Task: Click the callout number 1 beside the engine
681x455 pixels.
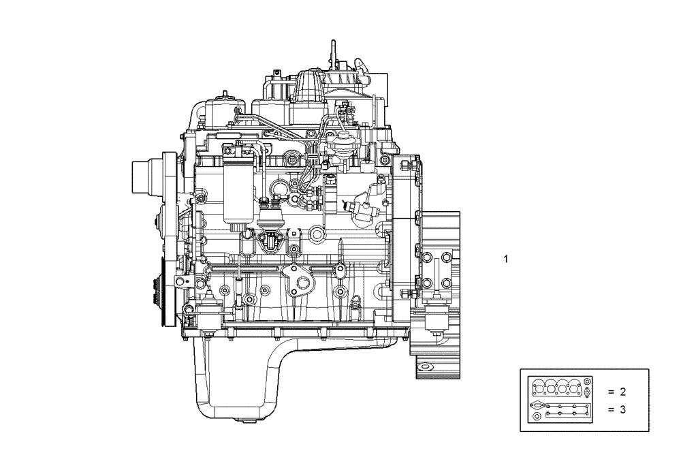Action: pos(505,259)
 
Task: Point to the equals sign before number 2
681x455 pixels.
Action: pos(611,392)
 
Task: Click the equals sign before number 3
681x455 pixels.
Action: pos(611,409)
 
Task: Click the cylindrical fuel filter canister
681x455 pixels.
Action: pos(239,191)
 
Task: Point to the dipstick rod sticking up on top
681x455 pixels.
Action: pos(334,54)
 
